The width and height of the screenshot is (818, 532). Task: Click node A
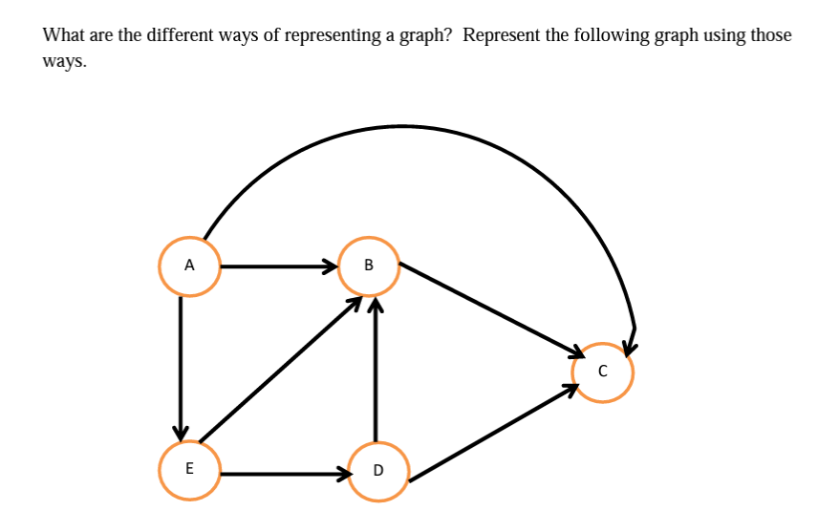pos(189,265)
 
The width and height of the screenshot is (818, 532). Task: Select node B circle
pos(370,264)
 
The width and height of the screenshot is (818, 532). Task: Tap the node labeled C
pos(602,372)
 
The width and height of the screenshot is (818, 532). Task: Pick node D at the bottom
pos(377,470)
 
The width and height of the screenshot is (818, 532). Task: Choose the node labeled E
pos(189,468)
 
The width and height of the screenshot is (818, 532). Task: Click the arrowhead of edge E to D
pos(342,472)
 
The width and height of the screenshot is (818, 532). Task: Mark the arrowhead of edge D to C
pos(570,389)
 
